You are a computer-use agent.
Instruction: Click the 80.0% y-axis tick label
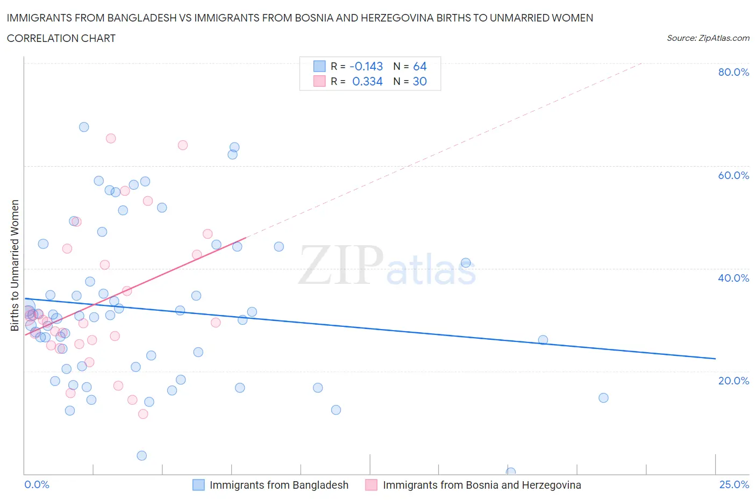click(733, 72)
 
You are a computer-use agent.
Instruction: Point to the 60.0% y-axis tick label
click(733, 175)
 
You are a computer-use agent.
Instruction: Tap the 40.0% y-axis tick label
click(733, 278)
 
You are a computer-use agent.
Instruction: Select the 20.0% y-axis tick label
click(733, 381)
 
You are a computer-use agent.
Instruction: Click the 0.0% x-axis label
click(37, 484)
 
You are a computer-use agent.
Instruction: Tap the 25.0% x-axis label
click(734, 484)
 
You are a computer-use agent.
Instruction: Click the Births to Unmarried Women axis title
click(15, 265)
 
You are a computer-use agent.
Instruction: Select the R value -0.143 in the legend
click(366, 66)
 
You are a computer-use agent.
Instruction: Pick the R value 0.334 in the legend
click(367, 81)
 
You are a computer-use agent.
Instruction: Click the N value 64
click(419, 66)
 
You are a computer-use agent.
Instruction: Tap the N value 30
click(419, 81)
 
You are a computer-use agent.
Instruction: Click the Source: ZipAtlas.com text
click(708, 38)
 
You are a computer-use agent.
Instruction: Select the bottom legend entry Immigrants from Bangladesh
click(279, 485)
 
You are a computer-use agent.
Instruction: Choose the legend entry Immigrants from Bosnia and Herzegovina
click(481, 485)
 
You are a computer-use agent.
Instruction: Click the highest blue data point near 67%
click(84, 127)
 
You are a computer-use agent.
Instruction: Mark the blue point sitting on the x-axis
click(511, 472)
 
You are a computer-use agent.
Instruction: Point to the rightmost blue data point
click(603, 398)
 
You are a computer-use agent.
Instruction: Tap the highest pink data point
click(111, 138)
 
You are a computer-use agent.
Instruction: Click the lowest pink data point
click(143, 414)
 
